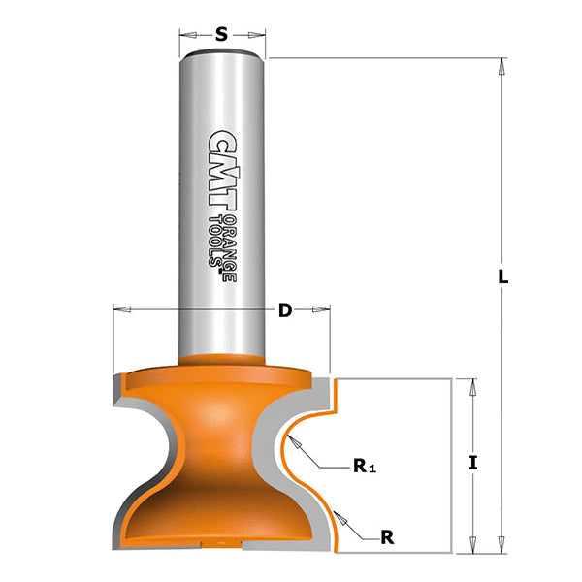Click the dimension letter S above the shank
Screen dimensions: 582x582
pos(221,33)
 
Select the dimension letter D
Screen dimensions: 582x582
pos(284,310)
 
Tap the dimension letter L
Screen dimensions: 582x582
pos(502,276)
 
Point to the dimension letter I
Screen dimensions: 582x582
pos(472,463)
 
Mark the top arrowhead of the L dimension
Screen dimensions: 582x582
pos(501,66)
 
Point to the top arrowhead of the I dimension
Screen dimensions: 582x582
pos(472,386)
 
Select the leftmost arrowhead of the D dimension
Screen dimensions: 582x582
pos(121,310)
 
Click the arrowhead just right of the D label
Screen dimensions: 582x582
pos(321,310)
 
